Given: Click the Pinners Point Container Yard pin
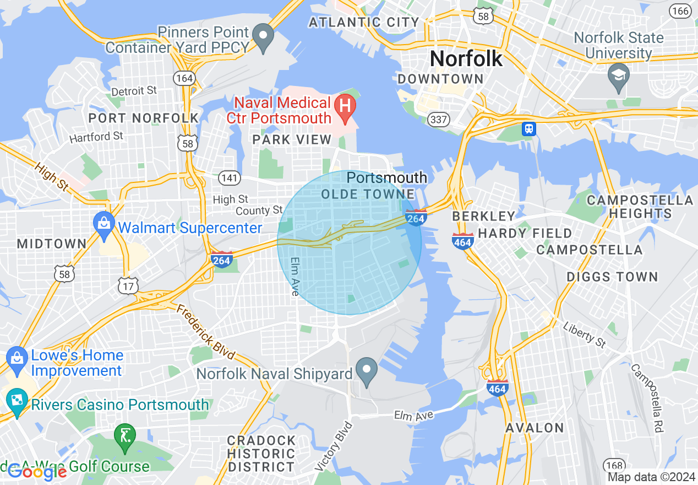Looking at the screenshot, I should tap(264, 37).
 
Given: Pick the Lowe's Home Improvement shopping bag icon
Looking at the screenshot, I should tap(17, 355).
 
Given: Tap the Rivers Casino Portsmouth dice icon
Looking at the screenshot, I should tap(17, 400).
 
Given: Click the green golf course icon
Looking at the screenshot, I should tap(125, 436).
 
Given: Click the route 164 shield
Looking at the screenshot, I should tap(184, 78).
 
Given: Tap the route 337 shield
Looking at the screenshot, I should tap(440, 118).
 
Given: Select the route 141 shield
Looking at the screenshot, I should tap(229, 177).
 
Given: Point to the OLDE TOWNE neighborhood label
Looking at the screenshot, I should tap(368, 194).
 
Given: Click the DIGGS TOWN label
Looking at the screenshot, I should tap(612, 277).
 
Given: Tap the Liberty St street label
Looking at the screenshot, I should tap(584, 334).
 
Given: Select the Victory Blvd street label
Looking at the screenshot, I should tap(334, 446).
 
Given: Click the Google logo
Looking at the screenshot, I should tap(37, 472).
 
